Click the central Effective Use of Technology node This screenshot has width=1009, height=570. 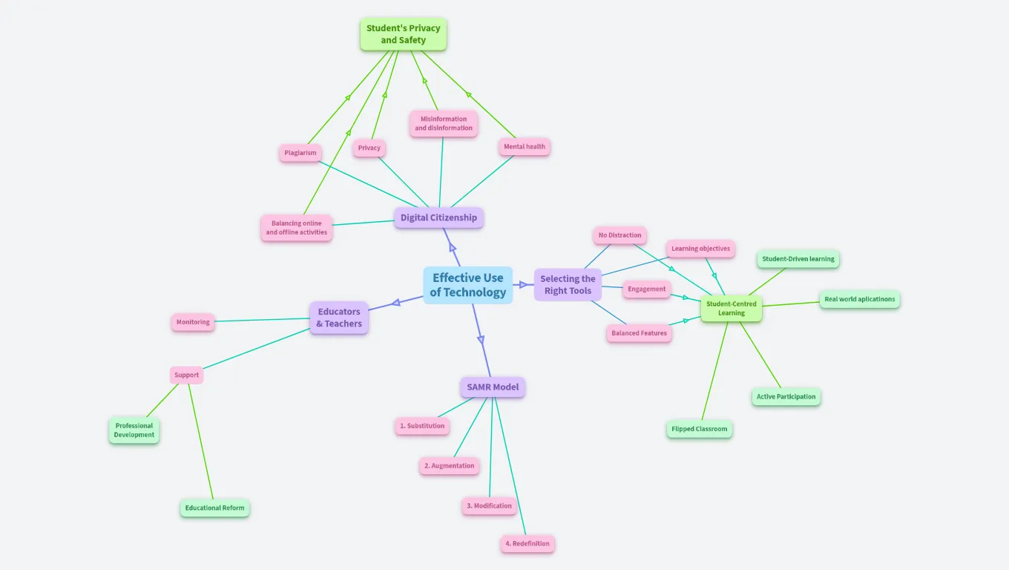pyautogui.click(x=467, y=285)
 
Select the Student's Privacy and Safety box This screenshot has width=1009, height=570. pyautogui.click(x=403, y=34)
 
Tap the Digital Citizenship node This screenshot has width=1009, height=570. pyautogui.click(x=438, y=217)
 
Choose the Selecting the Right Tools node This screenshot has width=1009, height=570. pyautogui.click(x=568, y=284)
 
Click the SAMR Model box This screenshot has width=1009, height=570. pyautogui.click(x=492, y=387)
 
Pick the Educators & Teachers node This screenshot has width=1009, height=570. pyautogui.click(x=339, y=318)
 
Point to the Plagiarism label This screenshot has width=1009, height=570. pyautogui.click(x=300, y=153)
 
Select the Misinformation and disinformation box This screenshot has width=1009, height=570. pyautogui.click(x=444, y=123)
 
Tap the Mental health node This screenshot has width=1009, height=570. pyautogui.click(x=525, y=146)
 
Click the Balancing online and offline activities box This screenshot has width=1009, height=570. pyautogui.click(x=296, y=228)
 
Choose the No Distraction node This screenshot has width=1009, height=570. pyautogui.click(x=619, y=235)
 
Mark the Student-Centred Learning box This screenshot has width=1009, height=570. pyautogui.click(x=731, y=308)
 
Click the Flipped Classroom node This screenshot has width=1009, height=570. pyautogui.click(x=699, y=429)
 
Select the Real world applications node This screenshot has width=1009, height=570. pyautogui.click(x=859, y=299)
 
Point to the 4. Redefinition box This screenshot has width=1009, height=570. pyautogui.click(x=527, y=543)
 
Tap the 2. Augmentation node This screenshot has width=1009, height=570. pyautogui.click(x=449, y=466)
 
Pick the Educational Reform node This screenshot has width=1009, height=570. pyautogui.click(x=214, y=508)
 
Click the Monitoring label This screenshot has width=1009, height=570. pyautogui.click(x=193, y=322)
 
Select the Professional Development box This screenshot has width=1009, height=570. pyautogui.click(x=134, y=430)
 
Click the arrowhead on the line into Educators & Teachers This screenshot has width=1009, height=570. pyautogui.click(x=396, y=301)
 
